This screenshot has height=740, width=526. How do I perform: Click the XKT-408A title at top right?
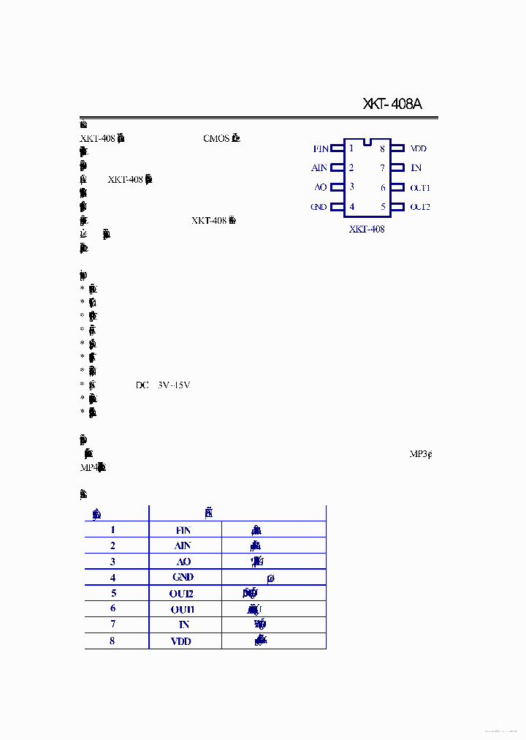point(392,104)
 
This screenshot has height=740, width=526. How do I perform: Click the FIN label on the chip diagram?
point(321,148)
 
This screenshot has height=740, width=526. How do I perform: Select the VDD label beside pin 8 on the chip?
point(419,148)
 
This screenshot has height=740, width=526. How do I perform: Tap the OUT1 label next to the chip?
point(420,188)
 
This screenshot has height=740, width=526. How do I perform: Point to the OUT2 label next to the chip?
point(420,207)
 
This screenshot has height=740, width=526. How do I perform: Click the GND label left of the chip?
point(319,207)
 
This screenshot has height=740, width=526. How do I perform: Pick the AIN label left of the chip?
point(319,168)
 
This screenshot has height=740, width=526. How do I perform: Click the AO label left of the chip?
point(321,187)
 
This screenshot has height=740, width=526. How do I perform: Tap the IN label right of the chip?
point(416,168)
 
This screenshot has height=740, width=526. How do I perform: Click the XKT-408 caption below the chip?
point(367,229)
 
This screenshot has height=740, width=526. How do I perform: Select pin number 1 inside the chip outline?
point(351,148)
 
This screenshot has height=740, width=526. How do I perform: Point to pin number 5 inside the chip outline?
point(383,207)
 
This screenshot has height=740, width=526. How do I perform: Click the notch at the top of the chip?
point(367,140)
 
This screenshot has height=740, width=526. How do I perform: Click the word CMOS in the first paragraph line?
point(216,137)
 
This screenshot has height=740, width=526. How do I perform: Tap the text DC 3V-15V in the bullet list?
point(163,385)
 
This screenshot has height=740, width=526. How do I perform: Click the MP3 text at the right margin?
point(419,453)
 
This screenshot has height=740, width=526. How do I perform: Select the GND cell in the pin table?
point(183,577)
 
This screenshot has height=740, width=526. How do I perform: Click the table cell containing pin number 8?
point(113,641)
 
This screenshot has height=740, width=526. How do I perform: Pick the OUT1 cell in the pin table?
point(183,609)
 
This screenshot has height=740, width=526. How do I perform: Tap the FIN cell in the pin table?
point(183,529)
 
